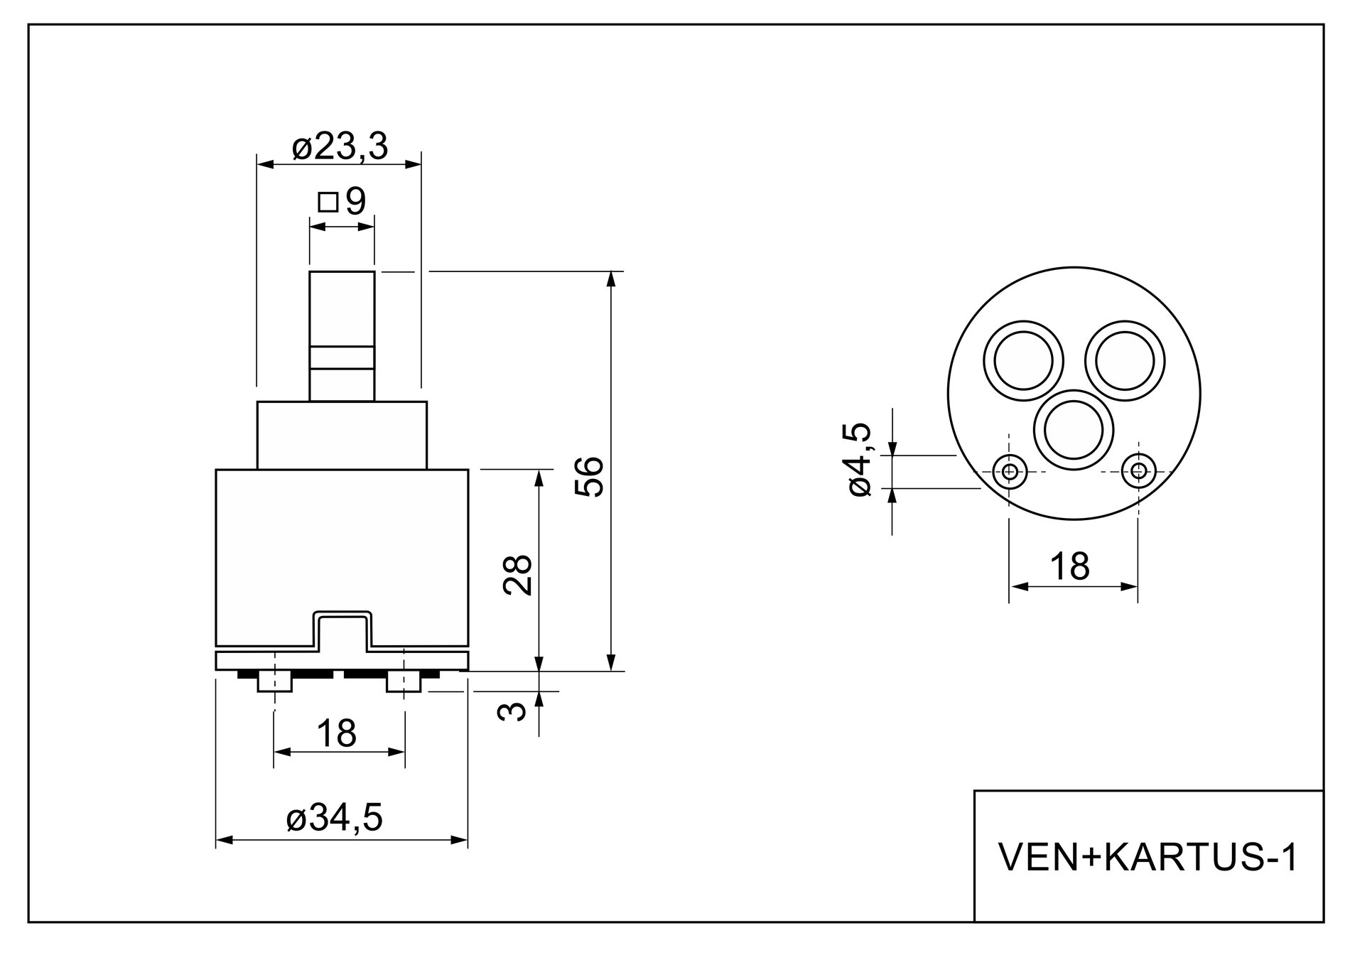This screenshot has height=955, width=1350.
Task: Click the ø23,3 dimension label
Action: point(340,147)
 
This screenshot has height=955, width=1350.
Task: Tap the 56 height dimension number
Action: point(590,476)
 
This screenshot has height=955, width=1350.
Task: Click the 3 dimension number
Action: point(513,711)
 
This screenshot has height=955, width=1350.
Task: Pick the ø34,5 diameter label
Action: point(334,819)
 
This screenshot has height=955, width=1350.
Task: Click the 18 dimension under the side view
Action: point(336,733)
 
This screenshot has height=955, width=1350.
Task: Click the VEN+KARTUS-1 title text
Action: point(1148,858)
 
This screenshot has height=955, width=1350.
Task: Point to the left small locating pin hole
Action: point(1009,470)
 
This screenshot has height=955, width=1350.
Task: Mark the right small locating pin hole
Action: point(1138,470)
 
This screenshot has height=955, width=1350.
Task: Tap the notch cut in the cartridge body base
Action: point(342,631)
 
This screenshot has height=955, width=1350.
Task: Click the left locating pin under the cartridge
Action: point(274,682)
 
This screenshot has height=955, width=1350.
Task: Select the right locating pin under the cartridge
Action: point(404,682)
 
